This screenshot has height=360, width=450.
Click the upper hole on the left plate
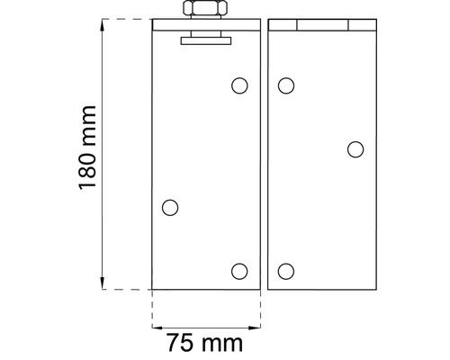click(238, 85)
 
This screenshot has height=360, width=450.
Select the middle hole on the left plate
click(170, 208)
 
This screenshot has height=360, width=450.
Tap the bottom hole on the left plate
click(238, 271)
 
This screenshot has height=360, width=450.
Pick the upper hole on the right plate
click(286, 85)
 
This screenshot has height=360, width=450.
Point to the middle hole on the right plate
click(355, 149)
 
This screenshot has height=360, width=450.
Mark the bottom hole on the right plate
click(286, 271)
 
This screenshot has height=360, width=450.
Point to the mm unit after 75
click(222, 343)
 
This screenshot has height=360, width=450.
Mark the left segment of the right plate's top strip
click(283, 25)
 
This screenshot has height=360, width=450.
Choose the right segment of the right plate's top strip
click(360, 25)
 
